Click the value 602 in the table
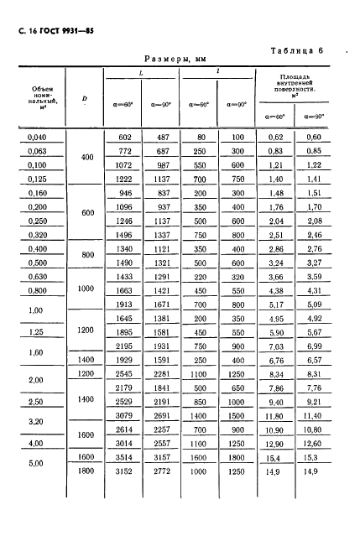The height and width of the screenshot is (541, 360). (125, 137)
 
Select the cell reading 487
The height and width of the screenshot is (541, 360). (164, 137)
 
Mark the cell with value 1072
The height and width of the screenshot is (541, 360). (125, 164)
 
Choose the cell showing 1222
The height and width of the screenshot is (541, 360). (125, 179)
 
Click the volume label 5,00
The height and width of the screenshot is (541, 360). (35, 463)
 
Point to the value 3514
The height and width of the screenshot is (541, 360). (125, 455)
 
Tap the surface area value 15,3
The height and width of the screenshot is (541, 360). (313, 455)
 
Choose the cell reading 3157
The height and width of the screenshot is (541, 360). (164, 455)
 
